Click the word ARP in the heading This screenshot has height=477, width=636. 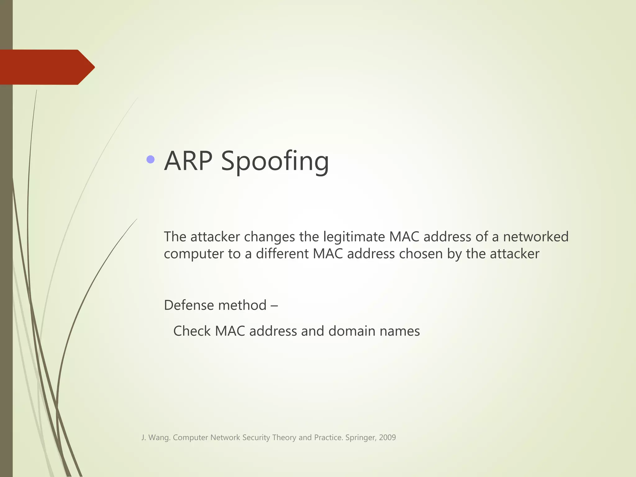click(x=188, y=161)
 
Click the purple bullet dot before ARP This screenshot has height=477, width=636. click(x=151, y=160)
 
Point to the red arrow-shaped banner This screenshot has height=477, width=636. click(x=47, y=67)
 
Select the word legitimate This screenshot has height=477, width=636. click(x=354, y=237)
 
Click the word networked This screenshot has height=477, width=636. click(x=536, y=237)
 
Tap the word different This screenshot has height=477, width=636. click(x=282, y=254)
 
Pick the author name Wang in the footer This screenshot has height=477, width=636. click(x=159, y=438)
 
